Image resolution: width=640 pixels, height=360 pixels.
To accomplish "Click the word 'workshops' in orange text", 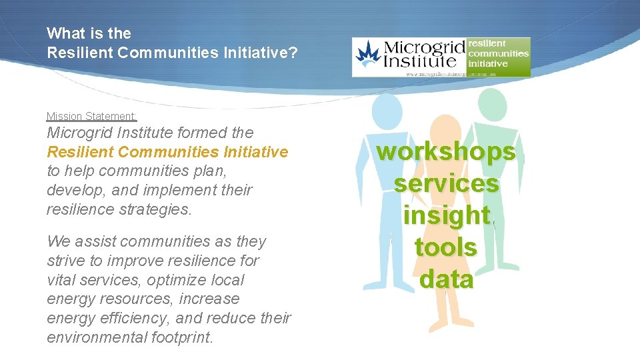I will coord(446,152).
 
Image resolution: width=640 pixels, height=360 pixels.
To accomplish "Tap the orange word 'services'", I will coord(446,183).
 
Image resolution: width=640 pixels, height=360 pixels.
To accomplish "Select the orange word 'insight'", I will coord(446,215).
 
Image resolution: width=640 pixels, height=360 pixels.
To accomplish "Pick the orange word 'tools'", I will coord(446,247).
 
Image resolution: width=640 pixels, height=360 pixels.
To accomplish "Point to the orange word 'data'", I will coord(446,279).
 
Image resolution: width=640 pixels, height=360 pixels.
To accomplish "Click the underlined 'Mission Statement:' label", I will coord(91,116).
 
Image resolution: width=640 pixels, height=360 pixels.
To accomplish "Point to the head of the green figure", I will coord(492,105).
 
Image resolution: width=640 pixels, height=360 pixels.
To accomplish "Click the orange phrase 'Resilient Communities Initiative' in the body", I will coord(167,152).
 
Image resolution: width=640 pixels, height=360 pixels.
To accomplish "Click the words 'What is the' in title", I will coord(89,33).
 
